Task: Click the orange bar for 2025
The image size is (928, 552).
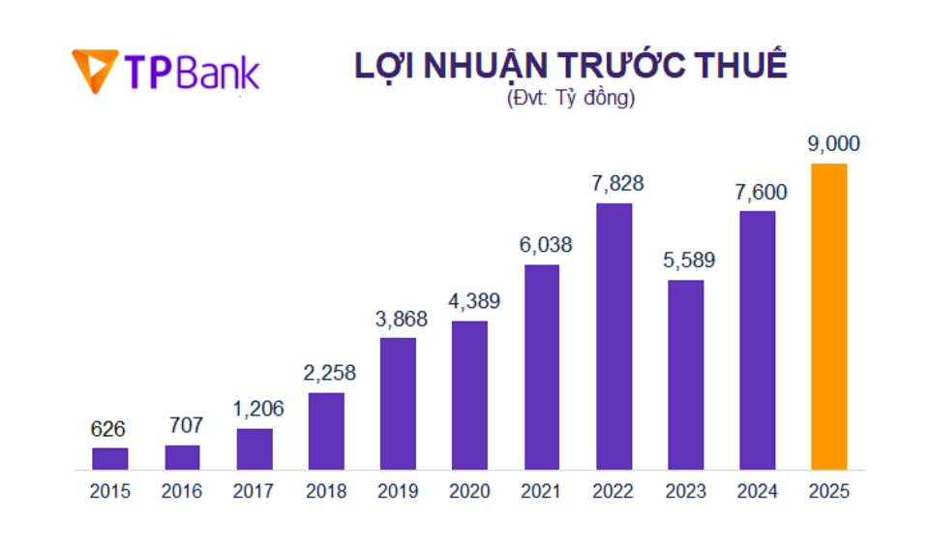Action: click(x=829, y=317)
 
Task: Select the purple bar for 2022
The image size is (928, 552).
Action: click(x=614, y=337)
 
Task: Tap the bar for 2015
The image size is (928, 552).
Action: click(x=110, y=459)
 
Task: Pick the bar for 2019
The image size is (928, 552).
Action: click(x=398, y=404)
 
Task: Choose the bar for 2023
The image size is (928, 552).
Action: click(x=685, y=375)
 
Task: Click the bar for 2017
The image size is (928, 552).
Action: click(x=254, y=449)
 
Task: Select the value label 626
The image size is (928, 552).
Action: click(x=108, y=428)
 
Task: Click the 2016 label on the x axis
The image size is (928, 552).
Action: click(x=182, y=491)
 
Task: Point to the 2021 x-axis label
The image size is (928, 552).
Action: click(x=542, y=491)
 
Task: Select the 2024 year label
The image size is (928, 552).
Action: click(x=758, y=491)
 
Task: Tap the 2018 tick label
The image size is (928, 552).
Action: click(x=326, y=491)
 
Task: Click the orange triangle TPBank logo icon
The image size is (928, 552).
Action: click(x=94, y=69)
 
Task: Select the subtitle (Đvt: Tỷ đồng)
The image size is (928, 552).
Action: click(x=571, y=98)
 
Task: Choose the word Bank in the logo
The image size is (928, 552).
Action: click(x=219, y=71)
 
